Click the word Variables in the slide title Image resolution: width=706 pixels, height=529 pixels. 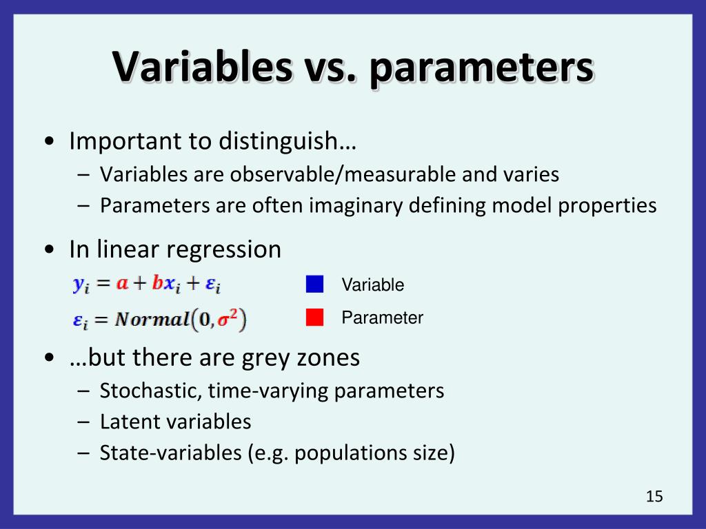[x=201, y=68]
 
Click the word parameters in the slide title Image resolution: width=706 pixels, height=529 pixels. [x=481, y=70]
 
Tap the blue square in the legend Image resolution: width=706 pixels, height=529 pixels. [x=315, y=284]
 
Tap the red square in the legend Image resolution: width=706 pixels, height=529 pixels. [x=315, y=318]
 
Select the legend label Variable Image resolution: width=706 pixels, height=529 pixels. [x=372, y=285]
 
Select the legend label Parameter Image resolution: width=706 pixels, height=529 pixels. [x=382, y=318]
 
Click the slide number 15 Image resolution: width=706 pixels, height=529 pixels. [x=654, y=496]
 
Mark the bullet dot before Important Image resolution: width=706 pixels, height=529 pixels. [x=50, y=143]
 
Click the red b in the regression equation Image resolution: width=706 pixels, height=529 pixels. [x=157, y=283]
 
